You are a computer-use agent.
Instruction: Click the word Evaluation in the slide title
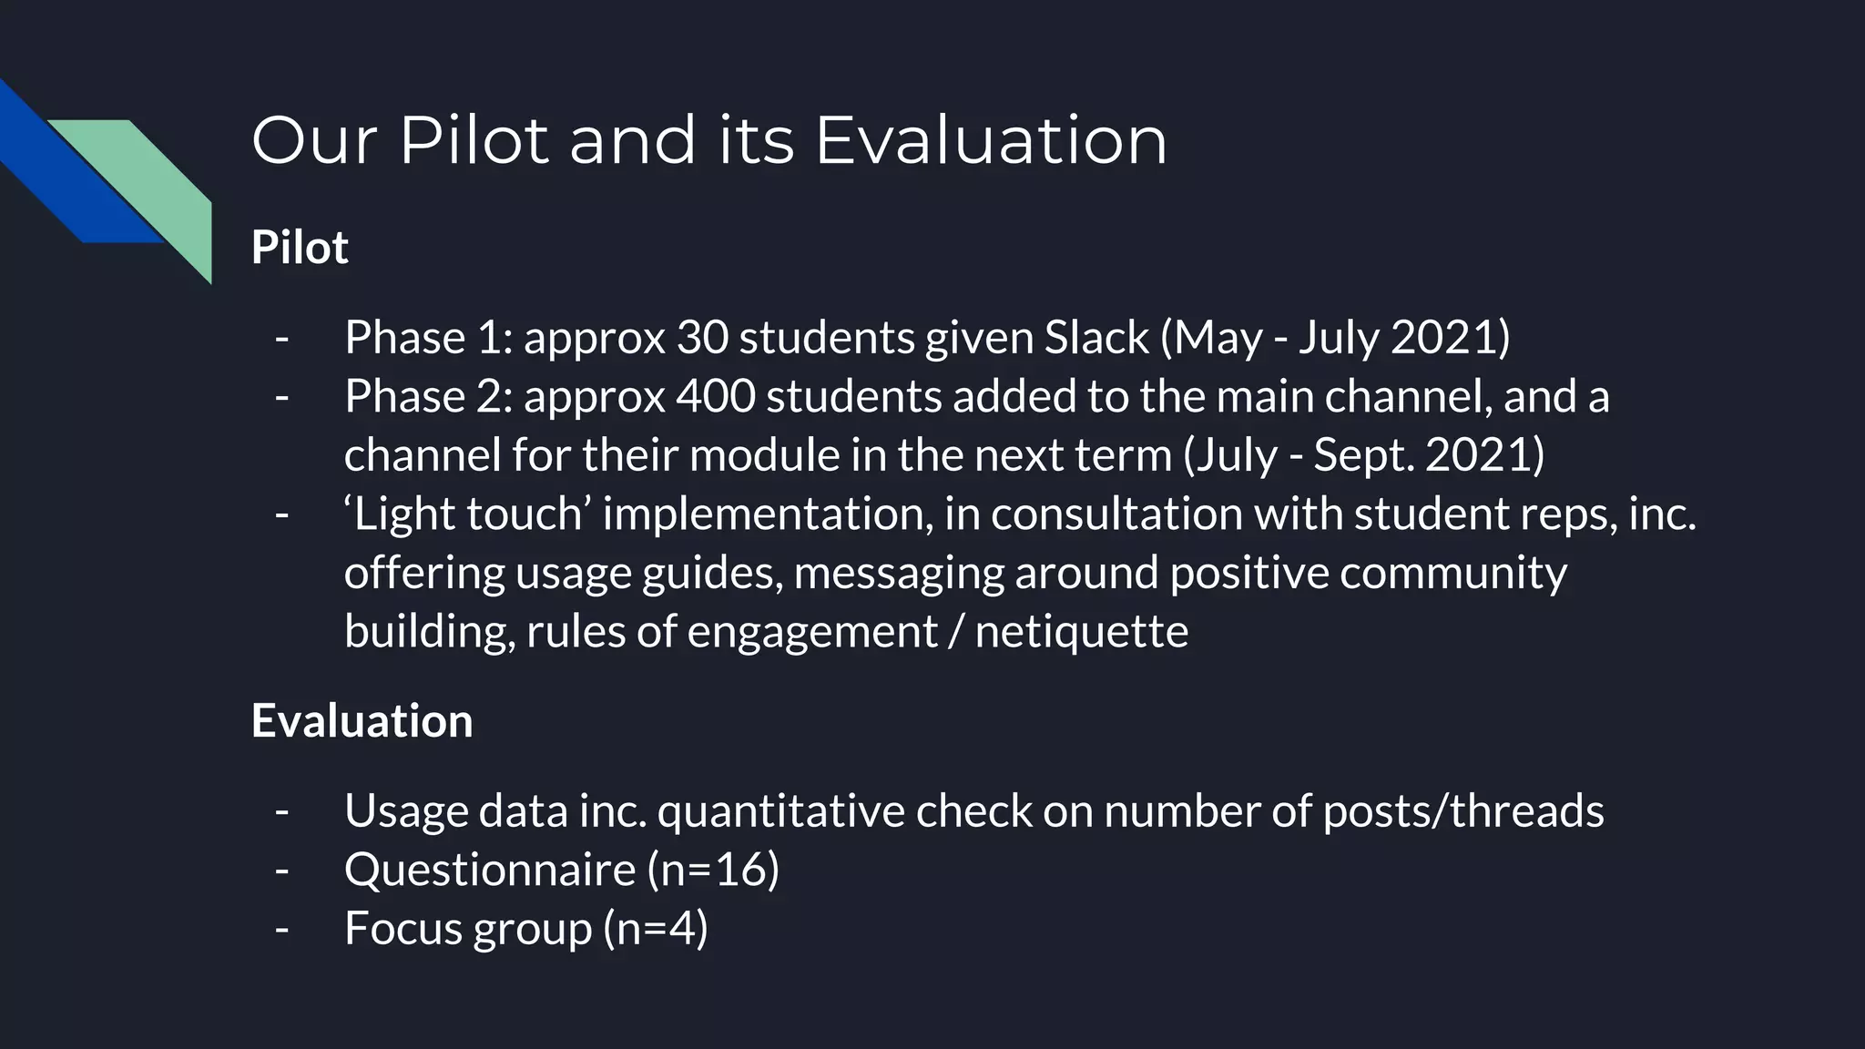(x=990, y=140)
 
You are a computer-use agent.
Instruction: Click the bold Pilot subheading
(x=300, y=247)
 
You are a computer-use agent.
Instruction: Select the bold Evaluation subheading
(x=362, y=720)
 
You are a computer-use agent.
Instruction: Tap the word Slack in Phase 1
(x=1096, y=338)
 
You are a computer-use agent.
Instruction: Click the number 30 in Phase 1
(x=702, y=338)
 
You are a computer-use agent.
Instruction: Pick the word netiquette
(x=1081, y=631)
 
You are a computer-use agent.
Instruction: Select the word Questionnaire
(x=489, y=869)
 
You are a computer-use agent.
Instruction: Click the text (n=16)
(x=713, y=869)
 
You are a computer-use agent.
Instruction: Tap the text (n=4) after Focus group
(x=655, y=928)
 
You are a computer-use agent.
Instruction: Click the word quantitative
(x=780, y=810)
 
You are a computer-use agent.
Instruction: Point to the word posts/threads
(x=1462, y=810)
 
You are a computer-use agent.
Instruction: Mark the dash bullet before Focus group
(x=281, y=928)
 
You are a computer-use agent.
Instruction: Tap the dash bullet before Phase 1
(x=281, y=338)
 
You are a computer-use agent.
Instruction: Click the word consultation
(x=1116, y=514)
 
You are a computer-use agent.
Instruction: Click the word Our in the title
(x=314, y=140)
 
